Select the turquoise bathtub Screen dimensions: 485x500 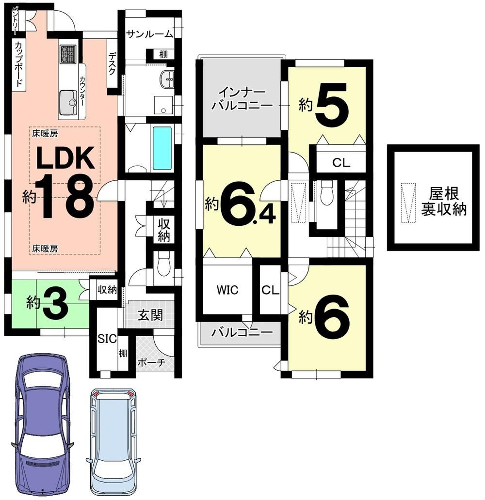(x=162, y=148)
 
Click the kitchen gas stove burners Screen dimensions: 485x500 (x=68, y=54)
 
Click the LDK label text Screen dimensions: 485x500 (x=65, y=157)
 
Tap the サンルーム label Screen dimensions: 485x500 (x=149, y=34)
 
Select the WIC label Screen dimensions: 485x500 (x=227, y=290)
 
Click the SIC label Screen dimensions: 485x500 (x=107, y=338)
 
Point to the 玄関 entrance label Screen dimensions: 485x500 (x=150, y=315)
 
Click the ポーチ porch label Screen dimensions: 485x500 (x=151, y=362)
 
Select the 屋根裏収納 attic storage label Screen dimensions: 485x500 (x=443, y=201)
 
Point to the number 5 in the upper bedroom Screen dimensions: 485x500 (x=332, y=105)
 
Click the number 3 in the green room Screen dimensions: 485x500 (x=55, y=303)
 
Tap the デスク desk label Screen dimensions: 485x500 (x=112, y=63)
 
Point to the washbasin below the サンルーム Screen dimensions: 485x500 (x=167, y=79)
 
